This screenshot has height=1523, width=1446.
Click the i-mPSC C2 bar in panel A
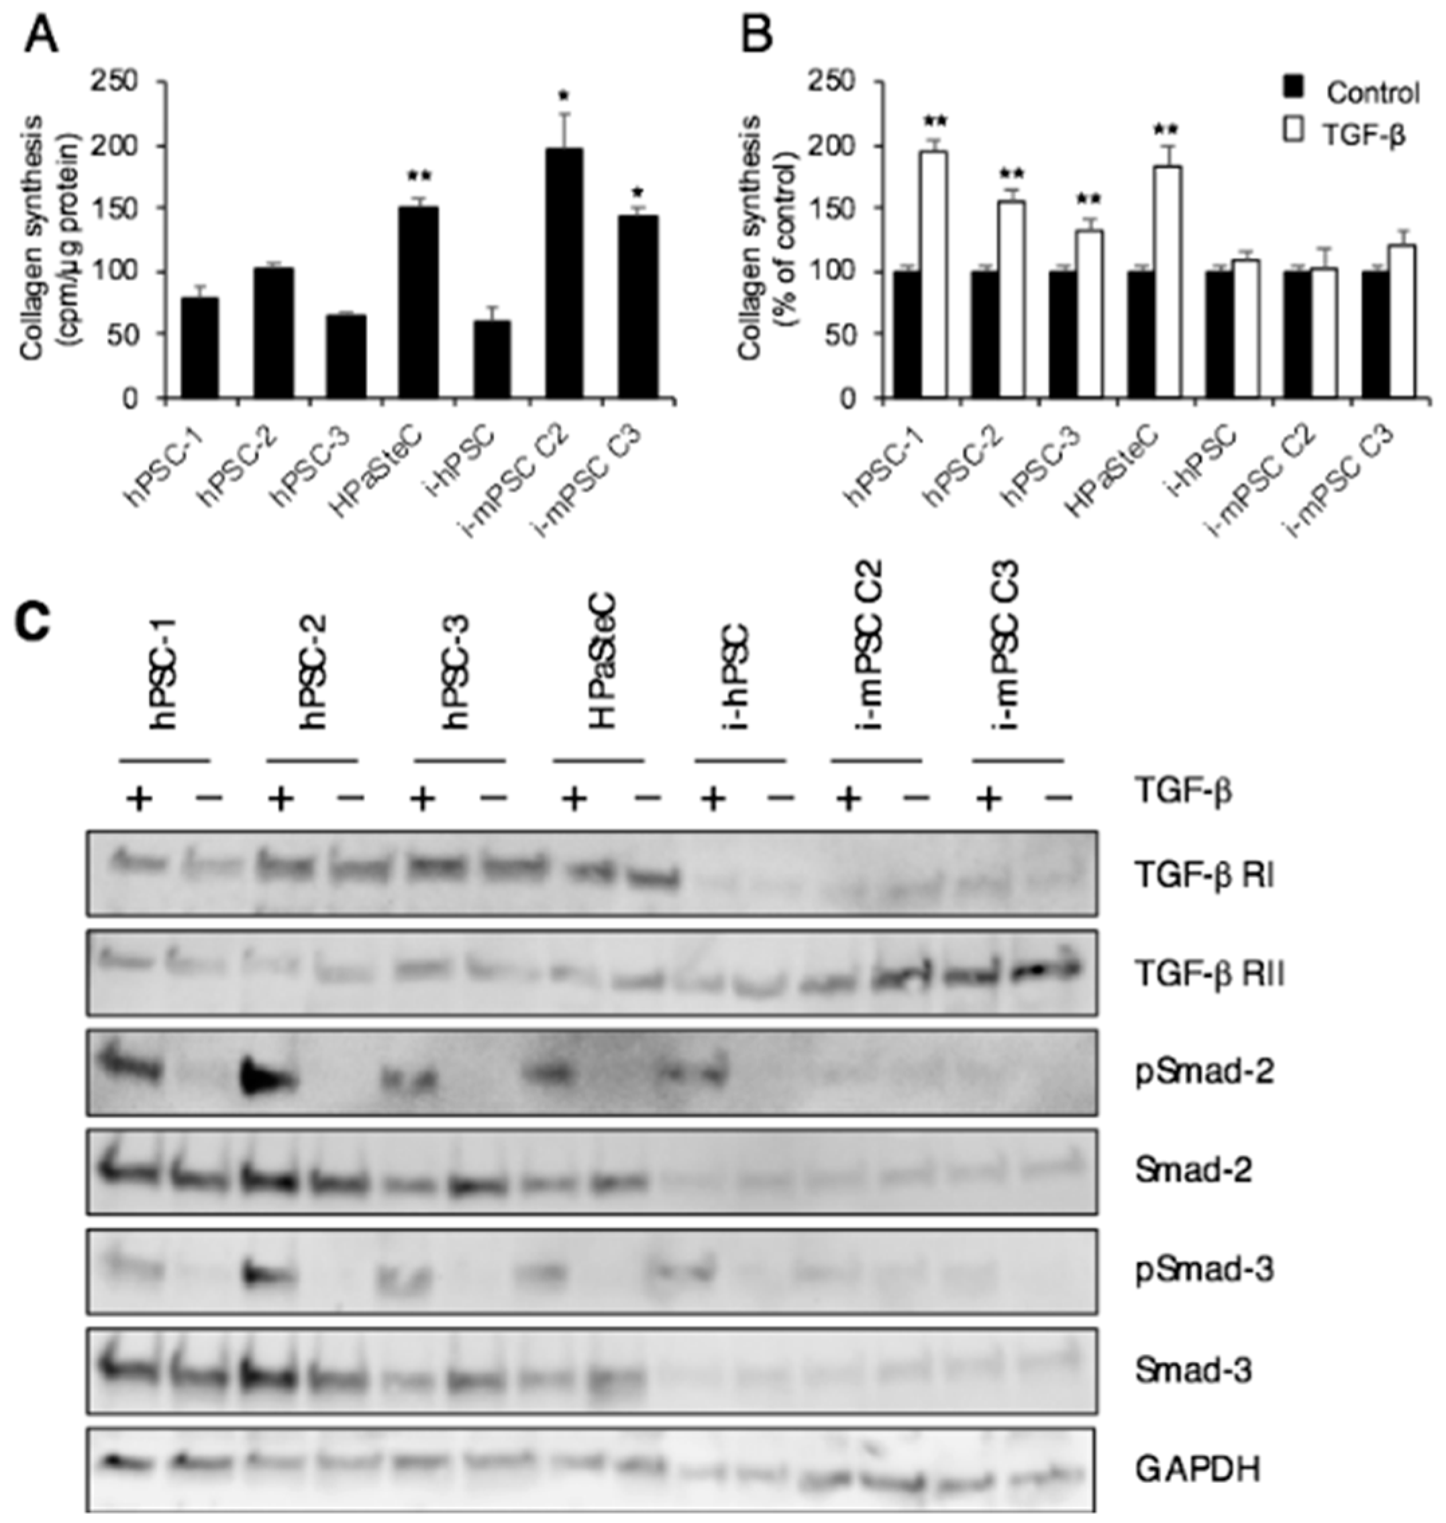tap(564, 274)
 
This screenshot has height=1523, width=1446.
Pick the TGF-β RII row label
tap(1208, 976)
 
